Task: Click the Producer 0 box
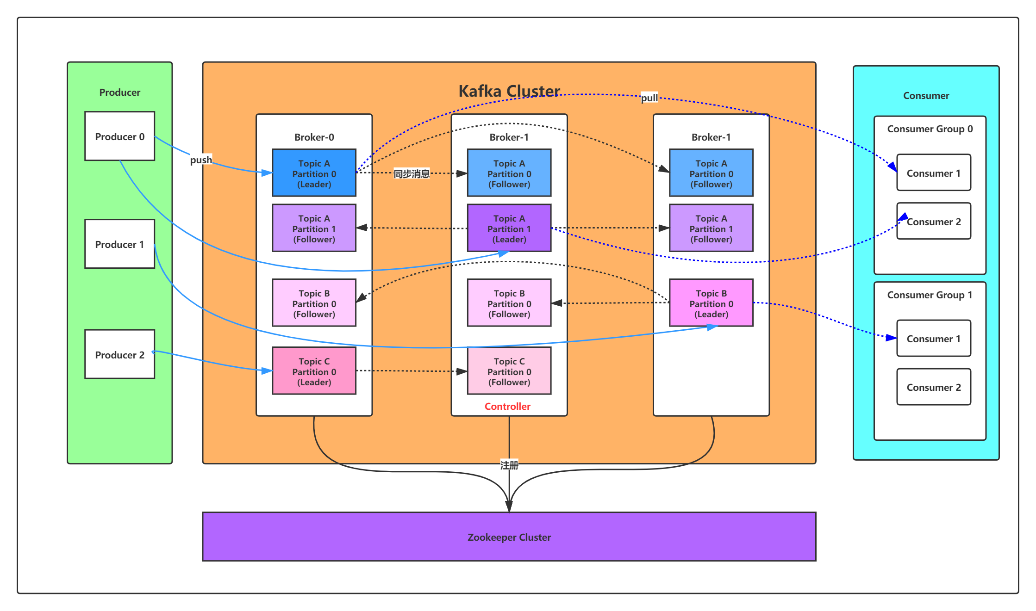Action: point(119,136)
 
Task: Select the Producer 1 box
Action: point(119,244)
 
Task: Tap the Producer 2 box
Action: point(119,354)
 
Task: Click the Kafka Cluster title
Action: point(509,91)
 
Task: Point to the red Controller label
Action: point(507,406)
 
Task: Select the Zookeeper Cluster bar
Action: point(509,537)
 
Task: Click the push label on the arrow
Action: point(201,160)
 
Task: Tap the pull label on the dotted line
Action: point(649,98)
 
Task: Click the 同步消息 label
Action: point(412,173)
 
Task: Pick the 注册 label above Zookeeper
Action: point(509,465)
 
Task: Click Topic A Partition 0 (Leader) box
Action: point(314,173)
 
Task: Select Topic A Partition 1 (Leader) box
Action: point(509,228)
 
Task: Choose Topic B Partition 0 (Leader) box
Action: point(711,303)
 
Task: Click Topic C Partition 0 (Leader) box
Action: point(314,371)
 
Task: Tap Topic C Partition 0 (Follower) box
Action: point(509,371)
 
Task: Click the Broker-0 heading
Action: point(314,137)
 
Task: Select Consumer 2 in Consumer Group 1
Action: point(933,387)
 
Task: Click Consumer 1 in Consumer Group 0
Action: point(933,173)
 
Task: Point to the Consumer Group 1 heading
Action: point(929,295)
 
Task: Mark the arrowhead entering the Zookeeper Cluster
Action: point(509,506)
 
